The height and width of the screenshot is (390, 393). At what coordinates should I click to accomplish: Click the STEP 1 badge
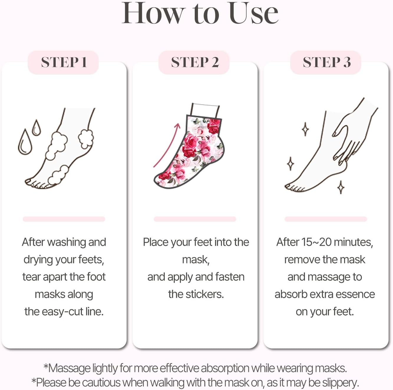[x=63, y=62]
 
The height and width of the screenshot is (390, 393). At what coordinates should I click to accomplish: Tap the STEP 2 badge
[x=194, y=62]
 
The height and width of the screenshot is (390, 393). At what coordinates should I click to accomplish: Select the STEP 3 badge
[x=326, y=62]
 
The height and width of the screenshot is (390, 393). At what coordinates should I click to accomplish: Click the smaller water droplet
[x=36, y=128]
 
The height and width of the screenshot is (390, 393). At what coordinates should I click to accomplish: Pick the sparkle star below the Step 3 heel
[x=341, y=187]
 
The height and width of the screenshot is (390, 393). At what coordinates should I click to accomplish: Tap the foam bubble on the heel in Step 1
[x=86, y=138]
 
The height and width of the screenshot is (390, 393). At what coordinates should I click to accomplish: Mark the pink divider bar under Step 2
[x=195, y=219]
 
